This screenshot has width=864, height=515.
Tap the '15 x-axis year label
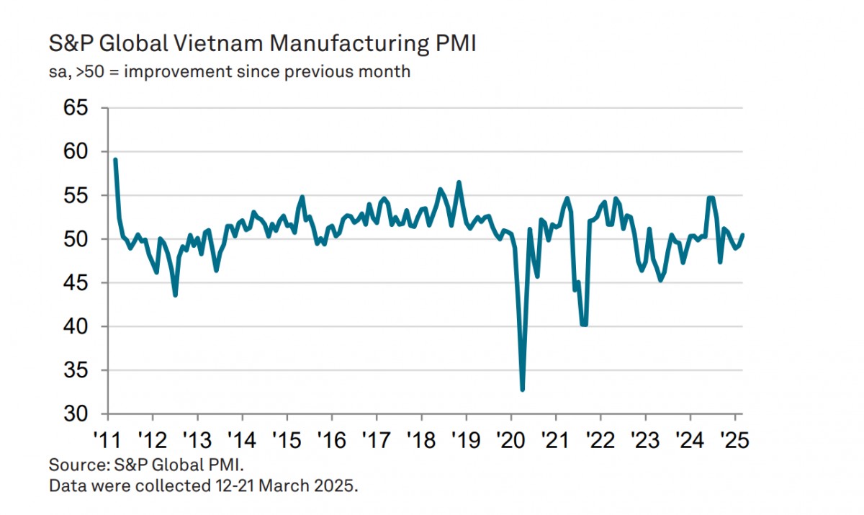(287, 438)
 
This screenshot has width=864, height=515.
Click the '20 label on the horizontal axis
(510, 438)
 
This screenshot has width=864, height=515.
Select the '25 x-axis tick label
(735, 438)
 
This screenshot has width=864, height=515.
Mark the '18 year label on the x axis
(421, 438)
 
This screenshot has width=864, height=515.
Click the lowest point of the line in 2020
(522, 390)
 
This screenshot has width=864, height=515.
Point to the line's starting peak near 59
(115, 160)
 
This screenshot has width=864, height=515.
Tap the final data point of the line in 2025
(742, 234)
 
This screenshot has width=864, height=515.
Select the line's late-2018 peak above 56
(459, 182)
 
